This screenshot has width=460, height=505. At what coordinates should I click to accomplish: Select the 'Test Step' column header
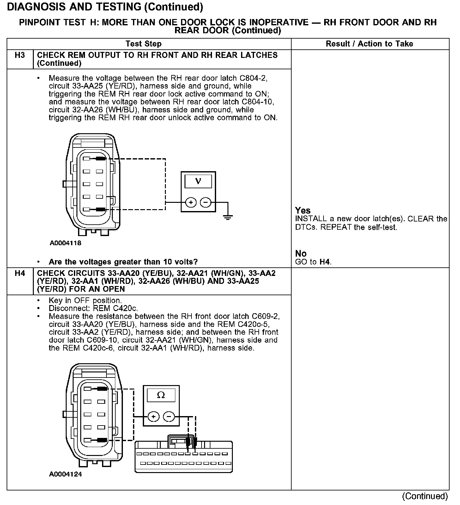pos(143,44)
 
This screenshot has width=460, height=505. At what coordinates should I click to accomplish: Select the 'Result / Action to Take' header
pos(369,44)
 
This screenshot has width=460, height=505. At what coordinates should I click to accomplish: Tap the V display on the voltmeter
pos(198,181)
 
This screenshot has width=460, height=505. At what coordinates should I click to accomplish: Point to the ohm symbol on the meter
pos(161,395)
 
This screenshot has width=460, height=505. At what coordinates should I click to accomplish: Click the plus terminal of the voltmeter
pos(191,202)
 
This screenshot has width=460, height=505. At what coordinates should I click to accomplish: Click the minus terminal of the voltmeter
pos(206,202)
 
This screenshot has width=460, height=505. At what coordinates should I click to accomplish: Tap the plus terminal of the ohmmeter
pos(154,416)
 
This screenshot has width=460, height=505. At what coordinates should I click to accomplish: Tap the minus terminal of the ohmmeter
pos(169,416)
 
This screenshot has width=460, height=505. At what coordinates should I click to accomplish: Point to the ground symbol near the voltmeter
pos(227,217)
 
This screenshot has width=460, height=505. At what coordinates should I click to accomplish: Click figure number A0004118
pos(65,243)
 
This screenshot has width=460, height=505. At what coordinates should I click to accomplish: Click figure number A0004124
pos(65,474)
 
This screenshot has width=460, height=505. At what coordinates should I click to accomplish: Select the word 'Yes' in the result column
pos(303,210)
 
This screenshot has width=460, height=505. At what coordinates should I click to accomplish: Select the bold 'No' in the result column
pos(301,253)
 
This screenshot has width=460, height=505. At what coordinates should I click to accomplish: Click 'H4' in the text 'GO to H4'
pos(325,262)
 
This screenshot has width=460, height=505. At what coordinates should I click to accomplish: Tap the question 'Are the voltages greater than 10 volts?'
pos(123,262)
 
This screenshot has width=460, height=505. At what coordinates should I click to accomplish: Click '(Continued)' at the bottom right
pos(425,496)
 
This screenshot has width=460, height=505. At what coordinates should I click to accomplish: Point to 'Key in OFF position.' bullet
pos(85,300)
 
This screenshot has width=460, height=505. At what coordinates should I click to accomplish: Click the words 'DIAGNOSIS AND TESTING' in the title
pos(74,7)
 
